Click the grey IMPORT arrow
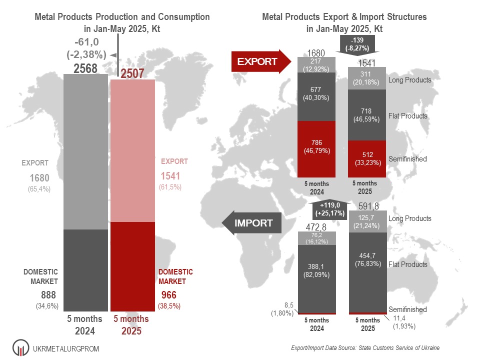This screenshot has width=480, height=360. click(x=251, y=223)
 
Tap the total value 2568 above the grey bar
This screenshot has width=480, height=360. click(x=85, y=69)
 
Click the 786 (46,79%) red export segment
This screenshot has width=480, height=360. click(x=316, y=149)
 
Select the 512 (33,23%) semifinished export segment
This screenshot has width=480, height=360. click(x=367, y=158)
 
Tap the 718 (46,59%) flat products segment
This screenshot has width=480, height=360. click(x=367, y=115)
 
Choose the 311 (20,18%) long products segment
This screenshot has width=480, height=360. click(x=367, y=78)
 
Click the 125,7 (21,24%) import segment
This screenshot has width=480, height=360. click(x=367, y=221)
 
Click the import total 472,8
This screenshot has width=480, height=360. click(x=316, y=227)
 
